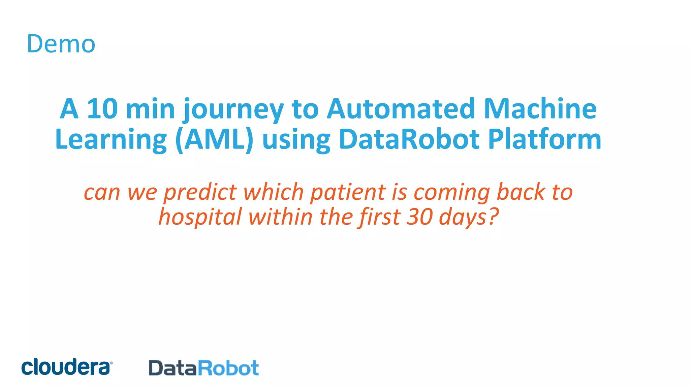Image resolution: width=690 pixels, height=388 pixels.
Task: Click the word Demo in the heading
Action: coord(61,44)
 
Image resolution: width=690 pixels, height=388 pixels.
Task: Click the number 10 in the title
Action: coord(102,109)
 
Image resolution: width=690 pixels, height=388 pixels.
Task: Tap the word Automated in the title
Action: coord(401,109)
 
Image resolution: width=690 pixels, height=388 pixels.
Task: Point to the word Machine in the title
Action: coord(540,109)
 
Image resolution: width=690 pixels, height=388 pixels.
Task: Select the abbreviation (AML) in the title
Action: coord(214,139)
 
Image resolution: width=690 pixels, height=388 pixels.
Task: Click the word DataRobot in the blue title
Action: coord(409,139)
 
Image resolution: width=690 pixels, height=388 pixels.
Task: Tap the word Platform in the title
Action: coord(544,139)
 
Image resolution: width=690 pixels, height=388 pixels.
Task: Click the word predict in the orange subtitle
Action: coord(200,193)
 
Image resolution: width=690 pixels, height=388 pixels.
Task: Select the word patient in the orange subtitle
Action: coord(347,193)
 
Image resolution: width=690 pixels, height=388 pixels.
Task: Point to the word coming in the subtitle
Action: coord(451,193)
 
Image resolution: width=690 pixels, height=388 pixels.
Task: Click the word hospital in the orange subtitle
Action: coord(200,217)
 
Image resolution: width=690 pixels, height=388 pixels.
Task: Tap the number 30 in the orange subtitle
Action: coord(420,217)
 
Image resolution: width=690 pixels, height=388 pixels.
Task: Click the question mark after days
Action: coord(493,217)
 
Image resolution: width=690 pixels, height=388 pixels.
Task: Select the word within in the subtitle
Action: coord(280,217)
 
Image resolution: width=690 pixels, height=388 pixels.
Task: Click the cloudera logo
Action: coord(67,367)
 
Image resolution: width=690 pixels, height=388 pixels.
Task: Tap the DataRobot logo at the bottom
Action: coord(203,368)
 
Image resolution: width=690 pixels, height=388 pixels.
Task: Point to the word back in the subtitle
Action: coord(521,192)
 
